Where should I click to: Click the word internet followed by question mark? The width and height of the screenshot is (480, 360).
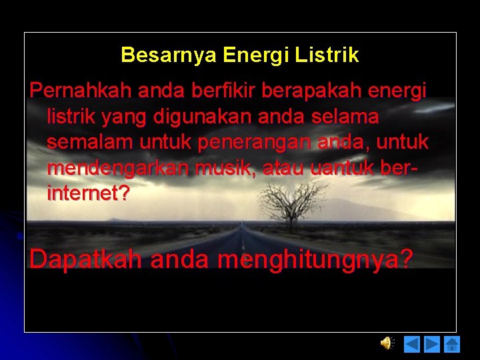[89, 194]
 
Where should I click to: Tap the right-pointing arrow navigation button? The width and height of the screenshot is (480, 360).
[432, 344]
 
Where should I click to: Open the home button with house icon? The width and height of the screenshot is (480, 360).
[452, 344]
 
